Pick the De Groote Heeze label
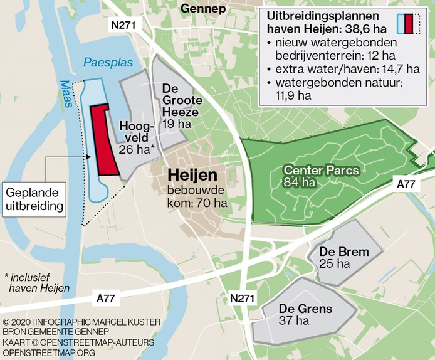pyautogui.click(x=181, y=100)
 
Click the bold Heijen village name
pyautogui.click(x=192, y=176)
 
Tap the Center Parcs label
pyautogui.click(x=321, y=170)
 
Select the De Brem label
pyautogui.click(x=343, y=252)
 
